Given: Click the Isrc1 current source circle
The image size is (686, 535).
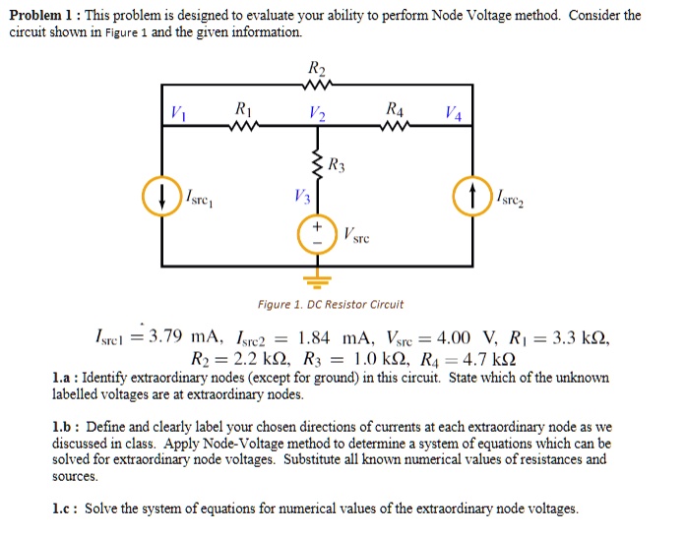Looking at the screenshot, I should point(159,197).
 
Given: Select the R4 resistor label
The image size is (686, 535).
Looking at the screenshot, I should point(395,109).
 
